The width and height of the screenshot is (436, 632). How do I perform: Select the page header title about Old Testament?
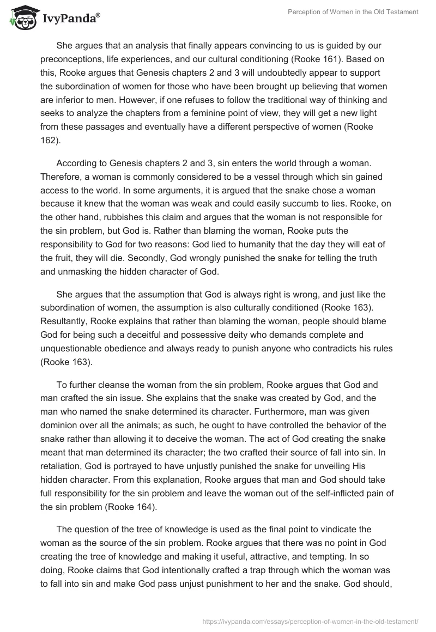(x=353, y=13)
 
